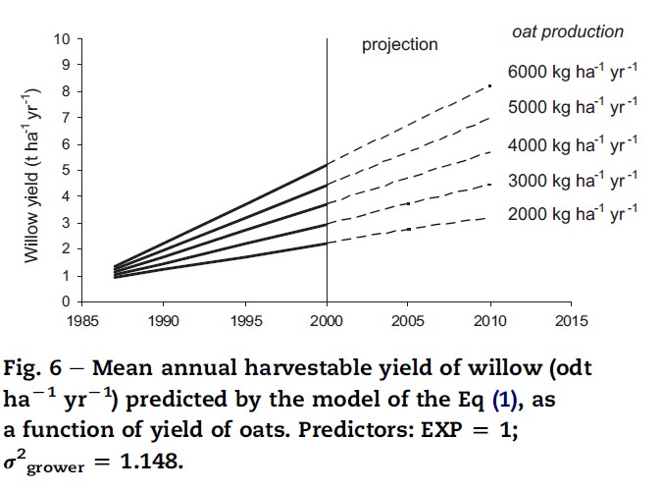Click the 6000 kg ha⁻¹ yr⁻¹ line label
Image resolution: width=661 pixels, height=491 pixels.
(x=572, y=75)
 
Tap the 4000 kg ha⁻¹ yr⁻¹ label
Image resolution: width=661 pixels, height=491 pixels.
(x=572, y=145)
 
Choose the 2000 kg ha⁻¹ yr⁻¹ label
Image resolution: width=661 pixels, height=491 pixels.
(x=572, y=214)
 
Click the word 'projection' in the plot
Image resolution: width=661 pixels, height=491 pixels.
(x=399, y=45)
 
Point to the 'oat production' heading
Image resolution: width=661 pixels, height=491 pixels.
(x=568, y=31)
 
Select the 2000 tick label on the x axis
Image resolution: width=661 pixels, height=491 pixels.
(x=326, y=320)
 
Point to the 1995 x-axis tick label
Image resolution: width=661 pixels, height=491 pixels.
(x=244, y=320)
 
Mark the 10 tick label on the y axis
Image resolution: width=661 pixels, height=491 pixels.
(x=62, y=39)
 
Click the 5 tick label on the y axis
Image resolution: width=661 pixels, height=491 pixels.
(x=66, y=170)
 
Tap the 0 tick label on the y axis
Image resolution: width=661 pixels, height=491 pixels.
(x=66, y=301)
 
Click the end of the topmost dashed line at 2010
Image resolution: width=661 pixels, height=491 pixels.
(x=489, y=86)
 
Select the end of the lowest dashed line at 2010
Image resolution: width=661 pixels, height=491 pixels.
(x=489, y=218)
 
